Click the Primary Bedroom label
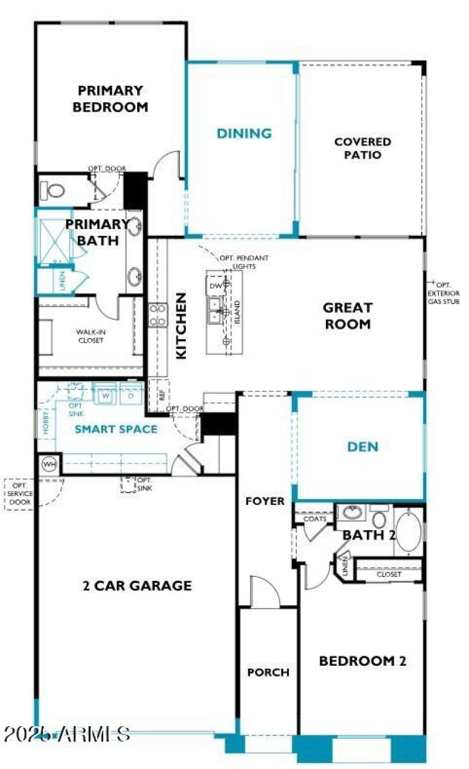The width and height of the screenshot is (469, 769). coord(110,99)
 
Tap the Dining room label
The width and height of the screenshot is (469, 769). coord(244,133)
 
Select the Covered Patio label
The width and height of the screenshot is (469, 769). coord(362,149)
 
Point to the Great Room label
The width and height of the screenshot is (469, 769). coord(347,315)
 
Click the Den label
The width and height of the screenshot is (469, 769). coord(362,447)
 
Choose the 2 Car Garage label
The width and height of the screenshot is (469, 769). coord(137,585)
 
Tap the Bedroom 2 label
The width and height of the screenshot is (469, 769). coord(362,661)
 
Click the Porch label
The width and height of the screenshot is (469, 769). coord(268,672)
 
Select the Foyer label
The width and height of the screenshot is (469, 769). coord(265,501)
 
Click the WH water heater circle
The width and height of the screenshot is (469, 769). coord(49,465)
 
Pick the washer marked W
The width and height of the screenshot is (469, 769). coord(106,396)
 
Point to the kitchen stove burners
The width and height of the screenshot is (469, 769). coord(158,315)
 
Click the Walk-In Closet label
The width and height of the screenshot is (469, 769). coord(90,336)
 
